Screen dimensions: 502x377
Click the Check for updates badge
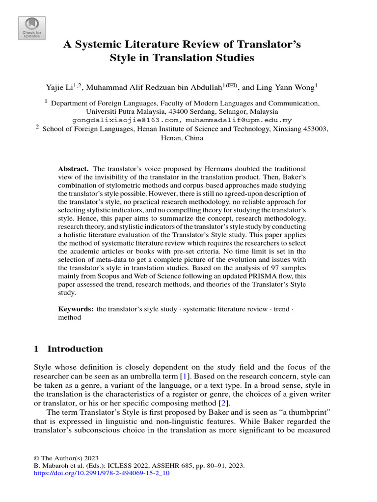tap(32, 28)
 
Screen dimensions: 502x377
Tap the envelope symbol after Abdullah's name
tap(230, 85)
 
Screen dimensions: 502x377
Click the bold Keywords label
tap(76, 309)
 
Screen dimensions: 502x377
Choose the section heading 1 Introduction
tap(68, 349)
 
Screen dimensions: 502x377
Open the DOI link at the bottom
tap(101, 475)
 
